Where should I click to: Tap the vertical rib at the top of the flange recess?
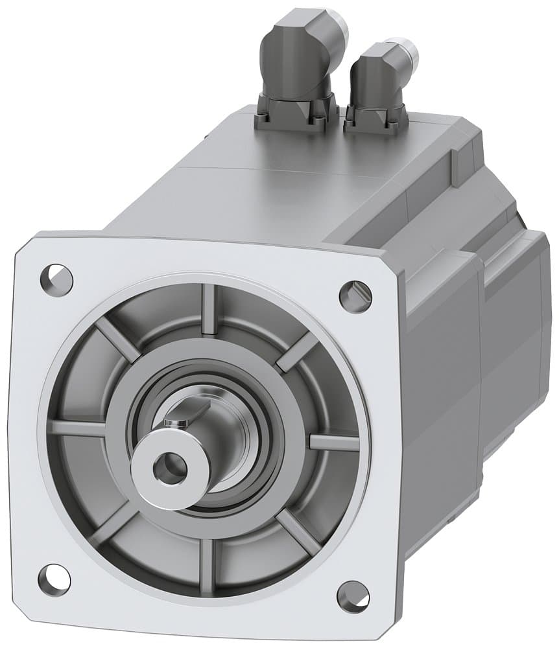coord(208,310)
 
